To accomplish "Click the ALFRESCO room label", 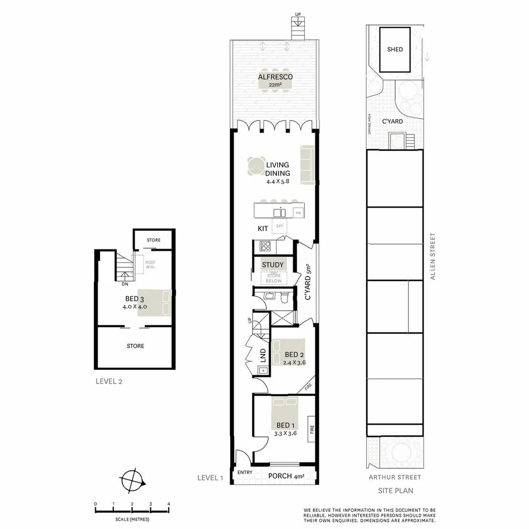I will (x=275, y=77).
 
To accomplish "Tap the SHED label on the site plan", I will (x=395, y=49).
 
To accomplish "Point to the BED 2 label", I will (x=294, y=355).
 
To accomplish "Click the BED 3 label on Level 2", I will (x=135, y=299).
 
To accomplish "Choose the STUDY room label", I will (x=273, y=265).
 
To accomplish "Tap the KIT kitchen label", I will (x=263, y=229).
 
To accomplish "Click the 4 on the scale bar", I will (x=168, y=504).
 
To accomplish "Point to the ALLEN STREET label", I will (x=433, y=256).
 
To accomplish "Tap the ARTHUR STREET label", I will (x=395, y=477).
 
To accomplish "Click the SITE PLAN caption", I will (x=395, y=490).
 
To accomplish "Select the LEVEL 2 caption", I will (x=109, y=382).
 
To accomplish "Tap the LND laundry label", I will (x=263, y=355).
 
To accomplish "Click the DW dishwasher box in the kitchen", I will (x=298, y=213).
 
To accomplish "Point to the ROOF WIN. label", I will (x=150, y=264).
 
